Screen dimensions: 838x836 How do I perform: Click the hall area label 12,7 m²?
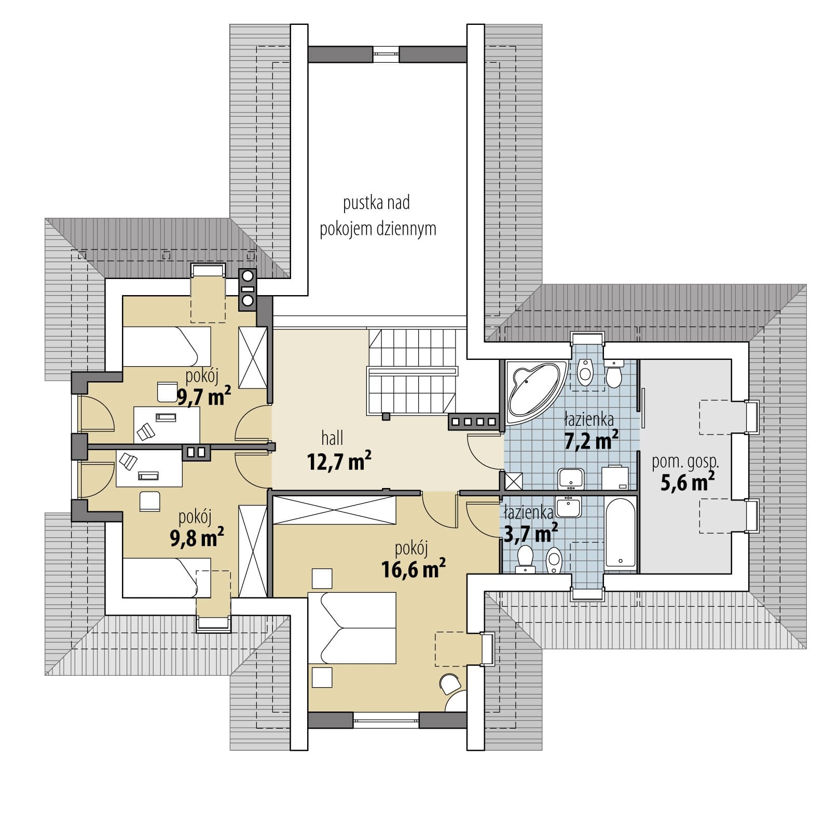pos(339,461)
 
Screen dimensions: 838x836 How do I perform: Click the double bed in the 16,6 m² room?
pos(352,629)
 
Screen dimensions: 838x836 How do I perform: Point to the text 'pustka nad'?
pos(376,203)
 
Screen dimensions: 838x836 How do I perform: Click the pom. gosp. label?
pos(685,463)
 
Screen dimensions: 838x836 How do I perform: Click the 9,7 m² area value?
pos(204,398)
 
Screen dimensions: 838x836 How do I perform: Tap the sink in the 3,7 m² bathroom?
pos(570,507)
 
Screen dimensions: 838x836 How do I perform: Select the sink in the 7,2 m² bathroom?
pos(571,479)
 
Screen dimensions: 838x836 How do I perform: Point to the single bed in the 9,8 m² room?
pos(167,578)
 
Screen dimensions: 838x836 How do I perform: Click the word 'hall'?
pos(332,439)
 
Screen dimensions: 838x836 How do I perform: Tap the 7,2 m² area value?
pos(591,441)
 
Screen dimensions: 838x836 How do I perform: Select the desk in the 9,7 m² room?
pos(167,425)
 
